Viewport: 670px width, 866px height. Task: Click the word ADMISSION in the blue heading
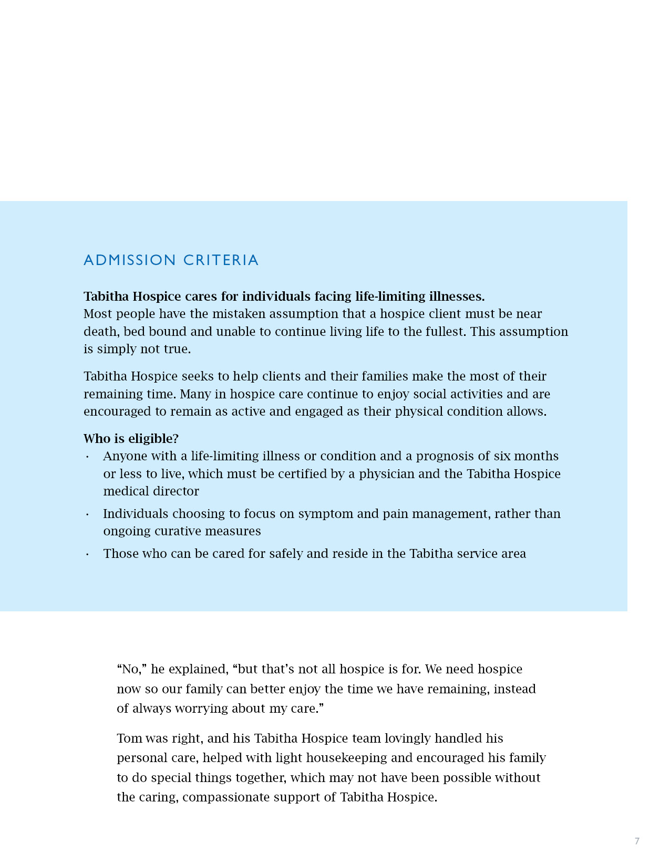coord(130,260)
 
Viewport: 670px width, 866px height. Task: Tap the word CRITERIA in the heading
coord(221,260)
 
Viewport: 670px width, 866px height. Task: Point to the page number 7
coord(637,841)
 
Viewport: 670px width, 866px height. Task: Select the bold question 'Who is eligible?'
coord(131,439)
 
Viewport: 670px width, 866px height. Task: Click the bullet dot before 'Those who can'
coord(87,554)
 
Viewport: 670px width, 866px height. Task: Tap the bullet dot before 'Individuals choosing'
coord(87,514)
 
